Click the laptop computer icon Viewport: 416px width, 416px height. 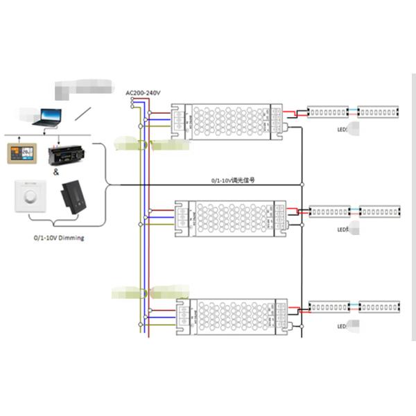(48, 117)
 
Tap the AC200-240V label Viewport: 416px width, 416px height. (143, 93)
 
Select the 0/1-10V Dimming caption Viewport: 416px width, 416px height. (59, 238)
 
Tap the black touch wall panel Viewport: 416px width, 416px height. (76, 198)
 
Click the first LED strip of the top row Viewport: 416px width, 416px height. (328, 111)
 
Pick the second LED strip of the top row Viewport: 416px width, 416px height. (379, 111)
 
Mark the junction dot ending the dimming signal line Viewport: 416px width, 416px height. (302, 185)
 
